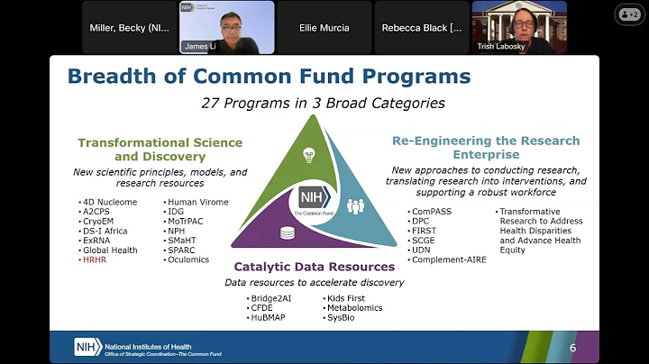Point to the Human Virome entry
[197, 202]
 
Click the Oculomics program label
[187, 260]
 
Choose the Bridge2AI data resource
[276, 298]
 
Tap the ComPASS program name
[434, 212]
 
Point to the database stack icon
[288, 233]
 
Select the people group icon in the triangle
[354, 206]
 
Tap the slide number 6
[572, 348]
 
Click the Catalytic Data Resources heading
[314, 267]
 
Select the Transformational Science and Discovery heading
[160, 150]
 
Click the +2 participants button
[627, 14]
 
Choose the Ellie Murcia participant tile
[324, 28]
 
